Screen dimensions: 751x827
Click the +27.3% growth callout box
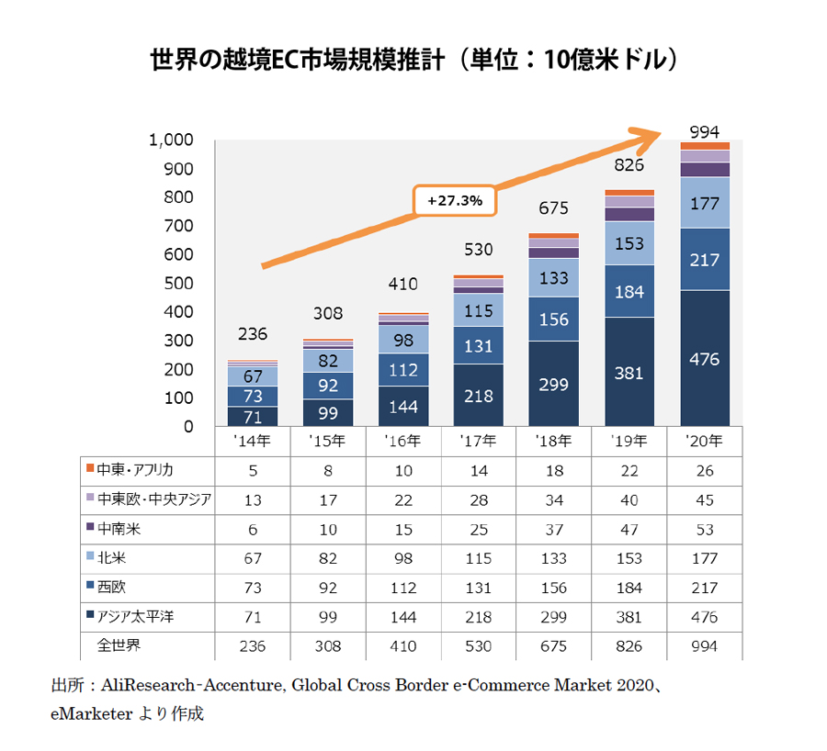pos(455,199)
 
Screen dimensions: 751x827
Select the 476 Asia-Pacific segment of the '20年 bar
pos(705,358)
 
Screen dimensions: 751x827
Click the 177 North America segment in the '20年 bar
pos(705,203)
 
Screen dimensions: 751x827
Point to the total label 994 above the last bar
pos(705,129)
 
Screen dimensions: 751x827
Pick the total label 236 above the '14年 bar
pos(252,334)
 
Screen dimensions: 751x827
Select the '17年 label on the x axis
pos(478,441)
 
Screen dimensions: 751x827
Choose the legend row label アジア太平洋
pos(136,617)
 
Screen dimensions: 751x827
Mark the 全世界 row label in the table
pos(119,645)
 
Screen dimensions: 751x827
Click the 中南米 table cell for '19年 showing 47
pos(629,529)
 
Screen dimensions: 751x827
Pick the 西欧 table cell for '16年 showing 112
pos(402,588)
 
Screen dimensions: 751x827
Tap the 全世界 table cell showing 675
pos(553,646)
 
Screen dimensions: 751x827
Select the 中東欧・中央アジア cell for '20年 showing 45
pos(705,499)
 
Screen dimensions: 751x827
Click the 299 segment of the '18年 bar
pos(553,384)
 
